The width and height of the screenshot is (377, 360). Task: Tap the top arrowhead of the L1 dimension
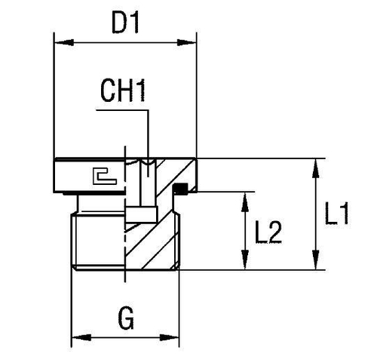[x=314, y=164]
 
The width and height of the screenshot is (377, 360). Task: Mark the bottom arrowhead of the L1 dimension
[x=314, y=265]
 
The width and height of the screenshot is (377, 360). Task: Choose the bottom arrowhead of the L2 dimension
[x=245, y=265]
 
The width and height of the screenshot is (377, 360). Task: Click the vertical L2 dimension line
[x=245, y=231]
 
